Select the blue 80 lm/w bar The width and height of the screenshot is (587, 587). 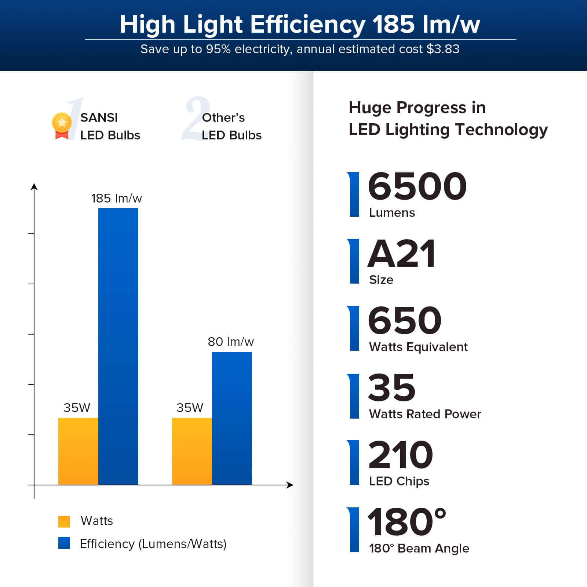tap(232, 418)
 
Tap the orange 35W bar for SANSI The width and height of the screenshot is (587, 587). tap(78, 451)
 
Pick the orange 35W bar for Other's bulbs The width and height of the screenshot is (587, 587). tap(192, 451)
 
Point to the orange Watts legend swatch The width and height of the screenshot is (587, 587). tap(64, 521)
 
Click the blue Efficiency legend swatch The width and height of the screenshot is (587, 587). tap(64, 543)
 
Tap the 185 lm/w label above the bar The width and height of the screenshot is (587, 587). tap(116, 198)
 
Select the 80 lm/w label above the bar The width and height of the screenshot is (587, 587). tap(230, 342)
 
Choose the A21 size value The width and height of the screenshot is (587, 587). tap(401, 254)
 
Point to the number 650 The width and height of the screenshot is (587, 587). tap(404, 321)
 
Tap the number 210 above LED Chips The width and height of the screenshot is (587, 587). tap(400, 455)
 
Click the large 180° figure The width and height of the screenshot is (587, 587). tap(406, 522)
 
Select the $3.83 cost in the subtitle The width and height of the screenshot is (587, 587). tap(443, 49)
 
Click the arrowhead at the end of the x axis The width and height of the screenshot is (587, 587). tap(290, 485)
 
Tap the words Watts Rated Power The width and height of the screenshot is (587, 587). tap(425, 414)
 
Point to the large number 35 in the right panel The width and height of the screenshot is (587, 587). tap(391, 388)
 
